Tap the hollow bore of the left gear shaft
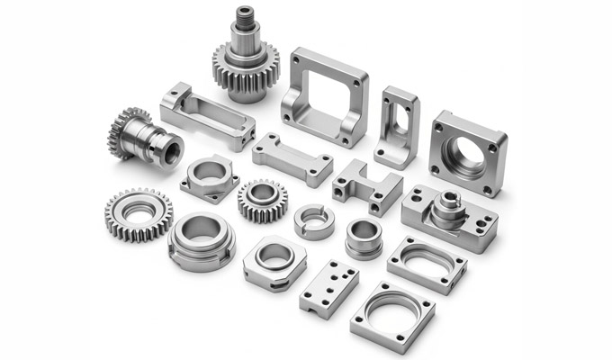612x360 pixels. click(167, 148)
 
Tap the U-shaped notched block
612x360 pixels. click(366, 186)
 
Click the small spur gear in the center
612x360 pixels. click(263, 200)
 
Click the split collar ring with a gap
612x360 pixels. click(314, 220)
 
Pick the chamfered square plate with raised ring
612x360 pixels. click(274, 262)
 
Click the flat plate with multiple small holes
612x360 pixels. click(328, 288)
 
